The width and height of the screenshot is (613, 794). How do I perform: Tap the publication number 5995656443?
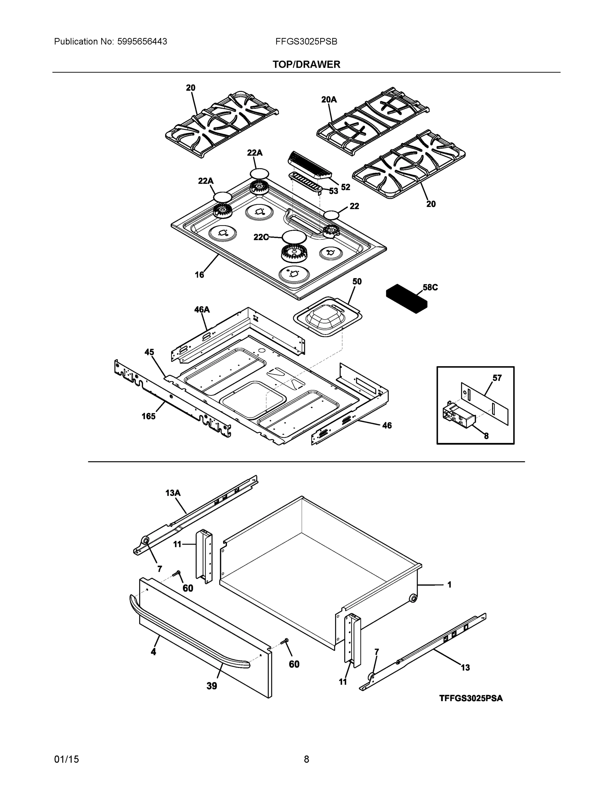(x=142, y=42)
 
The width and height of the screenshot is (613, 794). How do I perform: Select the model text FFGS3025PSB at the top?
(x=306, y=42)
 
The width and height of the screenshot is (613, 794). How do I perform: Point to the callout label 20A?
(x=329, y=99)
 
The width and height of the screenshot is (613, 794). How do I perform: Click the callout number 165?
(x=148, y=416)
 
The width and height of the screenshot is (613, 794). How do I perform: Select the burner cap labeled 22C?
(x=294, y=237)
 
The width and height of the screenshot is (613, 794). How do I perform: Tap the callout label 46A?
(x=202, y=309)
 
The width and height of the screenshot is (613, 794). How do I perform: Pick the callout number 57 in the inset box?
(x=497, y=378)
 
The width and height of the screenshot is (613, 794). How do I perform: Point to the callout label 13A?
(x=173, y=493)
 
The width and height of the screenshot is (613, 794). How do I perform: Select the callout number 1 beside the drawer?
(x=449, y=585)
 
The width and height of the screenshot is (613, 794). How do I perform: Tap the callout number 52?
(x=345, y=187)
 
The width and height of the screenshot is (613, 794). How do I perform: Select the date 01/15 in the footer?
(x=66, y=760)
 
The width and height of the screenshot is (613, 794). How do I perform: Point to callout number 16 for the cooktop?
(x=199, y=275)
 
